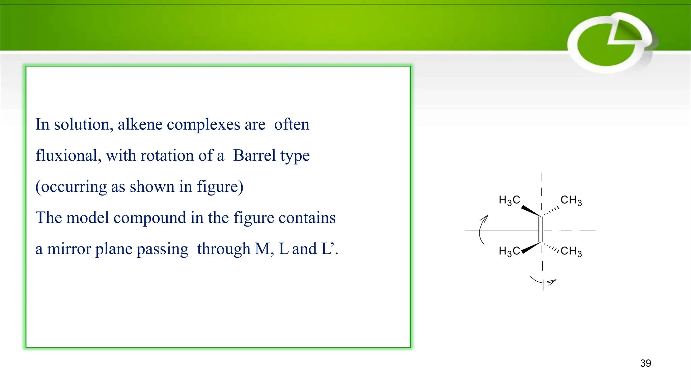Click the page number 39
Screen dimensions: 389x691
pyautogui.click(x=645, y=363)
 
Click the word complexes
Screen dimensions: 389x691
pyautogui.click(x=204, y=125)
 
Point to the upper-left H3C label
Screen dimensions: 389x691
pyautogui.click(x=509, y=200)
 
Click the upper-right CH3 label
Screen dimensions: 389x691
pyautogui.click(x=571, y=200)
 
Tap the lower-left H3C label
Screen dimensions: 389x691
pyautogui.click(x=509, y=251)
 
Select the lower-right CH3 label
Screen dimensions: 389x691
pyautogui.click(x=571, y=251)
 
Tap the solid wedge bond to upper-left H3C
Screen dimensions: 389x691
pyautogui.click(x=531, y=211)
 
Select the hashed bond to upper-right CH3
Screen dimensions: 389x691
pyautogui.click(x=551, y=211)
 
